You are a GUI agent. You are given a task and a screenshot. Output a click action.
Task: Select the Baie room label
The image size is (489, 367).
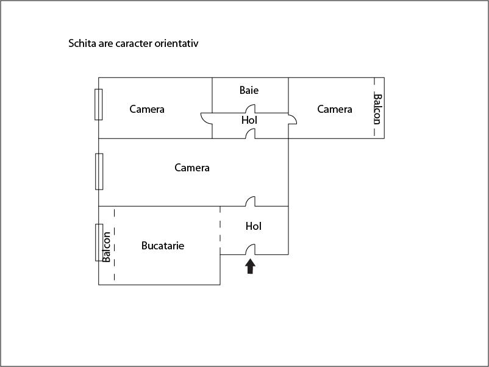pos(249,90)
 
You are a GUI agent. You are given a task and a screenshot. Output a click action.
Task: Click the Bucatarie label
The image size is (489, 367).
pos(163,246)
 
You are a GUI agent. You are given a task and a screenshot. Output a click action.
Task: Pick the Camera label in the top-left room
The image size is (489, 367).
pos(147,109)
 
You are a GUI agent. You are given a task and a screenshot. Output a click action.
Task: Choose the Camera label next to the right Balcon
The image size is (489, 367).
pos(335,109)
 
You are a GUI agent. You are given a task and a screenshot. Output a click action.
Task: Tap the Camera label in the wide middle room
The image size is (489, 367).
pos(192,168)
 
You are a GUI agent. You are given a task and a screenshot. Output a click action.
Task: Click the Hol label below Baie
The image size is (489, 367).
pos(249,120)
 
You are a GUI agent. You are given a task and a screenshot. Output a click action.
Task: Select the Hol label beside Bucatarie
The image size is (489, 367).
pos(254,226)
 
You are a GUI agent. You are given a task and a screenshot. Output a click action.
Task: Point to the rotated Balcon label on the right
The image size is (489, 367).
pos(377,109)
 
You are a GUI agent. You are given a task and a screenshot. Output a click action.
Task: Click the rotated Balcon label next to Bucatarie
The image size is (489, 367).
pos(107,247)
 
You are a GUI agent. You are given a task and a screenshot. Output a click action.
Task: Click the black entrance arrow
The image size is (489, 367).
pos(250,266)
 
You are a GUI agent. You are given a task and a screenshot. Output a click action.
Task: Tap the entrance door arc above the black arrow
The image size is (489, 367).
pos(250,249)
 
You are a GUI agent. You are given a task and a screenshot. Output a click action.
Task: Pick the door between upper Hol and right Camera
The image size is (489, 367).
pos(292,119)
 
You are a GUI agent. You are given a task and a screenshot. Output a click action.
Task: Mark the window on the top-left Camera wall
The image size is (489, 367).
pos(98,104)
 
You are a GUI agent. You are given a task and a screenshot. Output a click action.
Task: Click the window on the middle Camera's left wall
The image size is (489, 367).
pos(99,171)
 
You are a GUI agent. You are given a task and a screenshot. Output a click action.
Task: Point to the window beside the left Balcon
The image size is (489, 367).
pos(99,242)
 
